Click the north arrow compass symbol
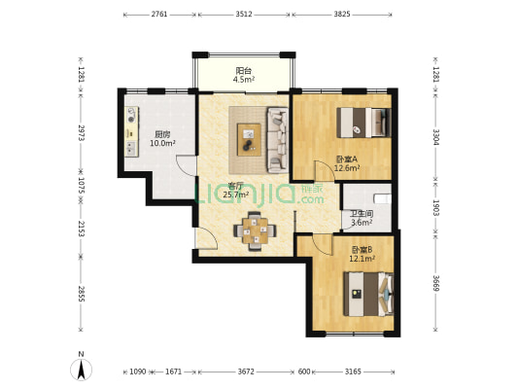click(81, 370)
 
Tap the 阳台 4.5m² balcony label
click(244, 75)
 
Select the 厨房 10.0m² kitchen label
click(162, 139)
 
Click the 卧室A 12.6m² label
click(347, 163)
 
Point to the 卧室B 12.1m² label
click(362, 254)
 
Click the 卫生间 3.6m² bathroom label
click(362, 218)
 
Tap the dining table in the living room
click(255, 230)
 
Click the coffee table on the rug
click(249, 139)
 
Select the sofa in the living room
click(278, 140)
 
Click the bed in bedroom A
click(363, 123)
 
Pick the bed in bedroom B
click(368, 294)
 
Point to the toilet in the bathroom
click(383, 198)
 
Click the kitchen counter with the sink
click(131, 131)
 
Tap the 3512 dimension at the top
click(244, 15)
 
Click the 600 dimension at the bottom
click(304, 371)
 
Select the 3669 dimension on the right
click(436, 283)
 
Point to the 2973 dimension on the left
click(82, 132)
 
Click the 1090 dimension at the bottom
click(137, 371)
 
